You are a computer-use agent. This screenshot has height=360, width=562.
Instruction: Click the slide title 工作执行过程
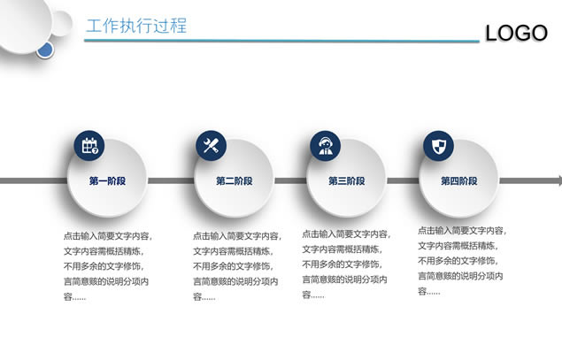[x=136, y=26]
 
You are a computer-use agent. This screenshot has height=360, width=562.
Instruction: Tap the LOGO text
[x=516, y=33]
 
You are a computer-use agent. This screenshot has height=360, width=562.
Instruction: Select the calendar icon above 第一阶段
[x=89, y=145]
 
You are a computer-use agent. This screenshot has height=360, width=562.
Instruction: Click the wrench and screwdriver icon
[x=211, y=145]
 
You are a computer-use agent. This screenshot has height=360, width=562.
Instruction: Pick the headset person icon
[x=325, y=145]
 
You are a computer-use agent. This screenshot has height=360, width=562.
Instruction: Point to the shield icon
[x=438, y=145]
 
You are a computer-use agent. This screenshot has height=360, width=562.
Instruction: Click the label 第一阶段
[x=107, y=181]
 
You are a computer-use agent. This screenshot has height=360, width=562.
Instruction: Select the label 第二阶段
[x=234, y=181]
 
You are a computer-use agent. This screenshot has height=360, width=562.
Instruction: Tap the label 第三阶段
[x=347, y=181]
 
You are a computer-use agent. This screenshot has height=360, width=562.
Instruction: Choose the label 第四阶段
[x=459, y=181]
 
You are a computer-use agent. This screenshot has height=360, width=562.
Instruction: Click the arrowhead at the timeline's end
[x=559, y=181]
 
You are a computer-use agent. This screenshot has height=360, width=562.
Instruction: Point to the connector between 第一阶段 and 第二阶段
[x=171, y=181]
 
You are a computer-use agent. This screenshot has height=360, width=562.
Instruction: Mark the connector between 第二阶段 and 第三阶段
[x=290, y=181]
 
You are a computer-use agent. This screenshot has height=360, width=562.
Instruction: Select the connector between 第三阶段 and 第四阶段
[x=403, y=181]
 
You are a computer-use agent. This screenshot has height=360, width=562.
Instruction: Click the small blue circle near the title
[x=45, y=50]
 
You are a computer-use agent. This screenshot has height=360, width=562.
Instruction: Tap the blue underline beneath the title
[x=281, y=41]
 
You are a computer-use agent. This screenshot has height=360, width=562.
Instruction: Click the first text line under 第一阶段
[x=108, y=236]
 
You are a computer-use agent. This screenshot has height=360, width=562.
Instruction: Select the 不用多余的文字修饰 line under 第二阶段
[x=233, y=266]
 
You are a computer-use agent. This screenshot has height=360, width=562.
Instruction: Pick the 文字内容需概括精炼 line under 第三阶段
[x=343, y=249]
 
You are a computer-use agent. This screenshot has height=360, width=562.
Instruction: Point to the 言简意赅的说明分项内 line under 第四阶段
[x=460, y=276]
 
